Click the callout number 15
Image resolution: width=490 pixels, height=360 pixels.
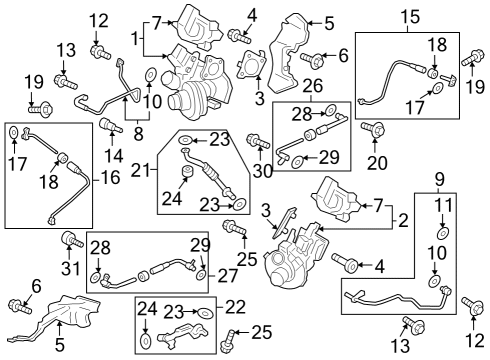tap(410, 17)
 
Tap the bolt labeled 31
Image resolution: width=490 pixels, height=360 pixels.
tap(71, 240)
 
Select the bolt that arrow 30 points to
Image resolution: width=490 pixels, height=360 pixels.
tap(258, 141)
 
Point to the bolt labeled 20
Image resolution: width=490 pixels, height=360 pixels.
tap(373, 129)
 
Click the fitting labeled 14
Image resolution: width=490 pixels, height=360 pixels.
tap(111, 125)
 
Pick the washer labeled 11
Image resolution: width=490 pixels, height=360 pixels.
tap(443, 233)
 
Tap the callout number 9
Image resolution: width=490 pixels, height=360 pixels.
tap(440, 180)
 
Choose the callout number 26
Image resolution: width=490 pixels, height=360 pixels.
tap(313, 86)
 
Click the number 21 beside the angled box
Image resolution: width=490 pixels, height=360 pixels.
tap(140, 171)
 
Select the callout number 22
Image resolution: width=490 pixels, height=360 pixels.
tap(235, 307)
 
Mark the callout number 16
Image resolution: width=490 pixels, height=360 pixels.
tap(110, 177)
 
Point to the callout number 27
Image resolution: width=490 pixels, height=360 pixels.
tap(228, 276)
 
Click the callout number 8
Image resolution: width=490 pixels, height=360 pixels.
tap(138, 134)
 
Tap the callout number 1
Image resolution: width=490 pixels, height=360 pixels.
tap(135, 39)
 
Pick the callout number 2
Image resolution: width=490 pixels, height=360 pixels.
tap(403, 220)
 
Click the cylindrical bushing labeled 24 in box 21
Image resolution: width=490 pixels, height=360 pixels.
tap(188, 172)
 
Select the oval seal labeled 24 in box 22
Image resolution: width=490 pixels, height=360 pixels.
tap(145, 341)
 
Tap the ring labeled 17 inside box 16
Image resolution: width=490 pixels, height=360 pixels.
tap(14, 133)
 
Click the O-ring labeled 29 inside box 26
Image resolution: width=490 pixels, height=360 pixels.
tap(297, 162)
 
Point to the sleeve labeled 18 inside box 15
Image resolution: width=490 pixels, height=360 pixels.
tap(433, 73)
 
